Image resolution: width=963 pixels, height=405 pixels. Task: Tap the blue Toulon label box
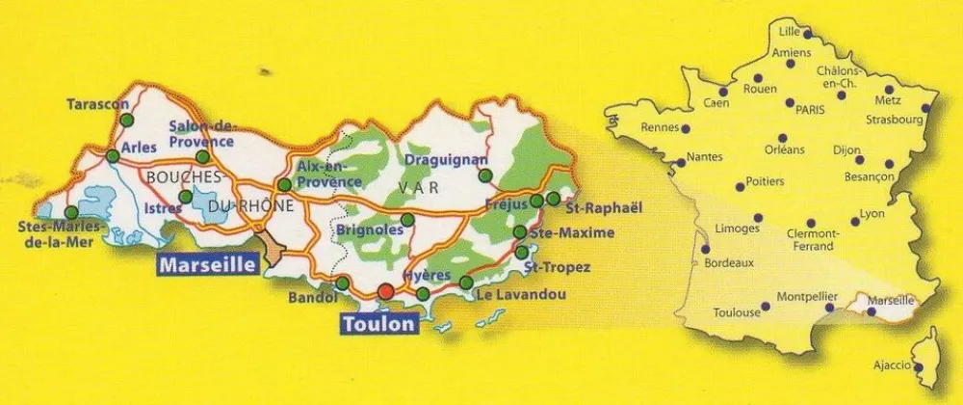[x=378, y=324]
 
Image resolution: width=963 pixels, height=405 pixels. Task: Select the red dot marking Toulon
[x=385, y=291]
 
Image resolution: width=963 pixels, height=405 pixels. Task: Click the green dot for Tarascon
[x=127, y=120]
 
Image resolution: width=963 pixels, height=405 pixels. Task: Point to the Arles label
[x=141, y=151]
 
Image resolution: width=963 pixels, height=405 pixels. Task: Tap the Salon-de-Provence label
[x=201, y=133]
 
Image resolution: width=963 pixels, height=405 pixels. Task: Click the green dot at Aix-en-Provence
[x=284, y=184]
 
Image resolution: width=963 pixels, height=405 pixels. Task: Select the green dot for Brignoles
[x=407, y=220]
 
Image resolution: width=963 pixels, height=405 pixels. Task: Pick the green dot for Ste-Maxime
[x=520, y=232]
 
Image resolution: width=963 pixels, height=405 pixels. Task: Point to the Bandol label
[x=310, y=299]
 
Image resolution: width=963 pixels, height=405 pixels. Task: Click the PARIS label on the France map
[x=812, y=109]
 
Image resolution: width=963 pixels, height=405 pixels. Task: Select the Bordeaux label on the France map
[x=729, y=262]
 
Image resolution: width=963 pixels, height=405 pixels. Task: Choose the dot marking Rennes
[x=686, y=126]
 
